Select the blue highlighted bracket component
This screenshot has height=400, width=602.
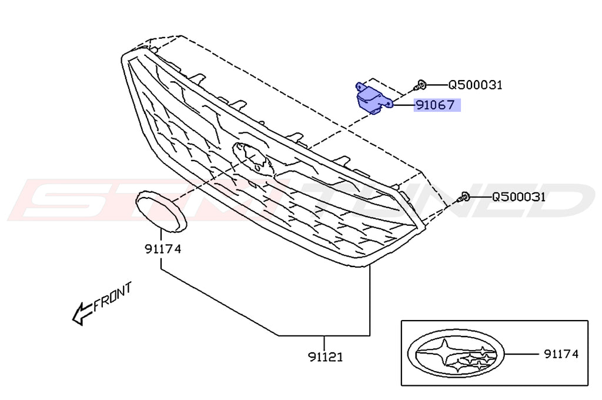(371, 98)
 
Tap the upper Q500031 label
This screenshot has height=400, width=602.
(475, 85)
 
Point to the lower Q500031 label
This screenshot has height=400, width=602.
(519, 196)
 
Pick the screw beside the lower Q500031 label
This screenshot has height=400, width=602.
(464, 197)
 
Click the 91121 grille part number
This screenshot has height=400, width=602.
(325, 356)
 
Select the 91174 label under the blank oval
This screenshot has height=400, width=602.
(163, 249)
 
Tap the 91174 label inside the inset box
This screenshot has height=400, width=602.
(561, 354)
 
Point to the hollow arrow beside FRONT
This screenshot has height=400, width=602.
(81, 314)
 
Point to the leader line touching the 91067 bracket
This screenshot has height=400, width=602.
(403, 106)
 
